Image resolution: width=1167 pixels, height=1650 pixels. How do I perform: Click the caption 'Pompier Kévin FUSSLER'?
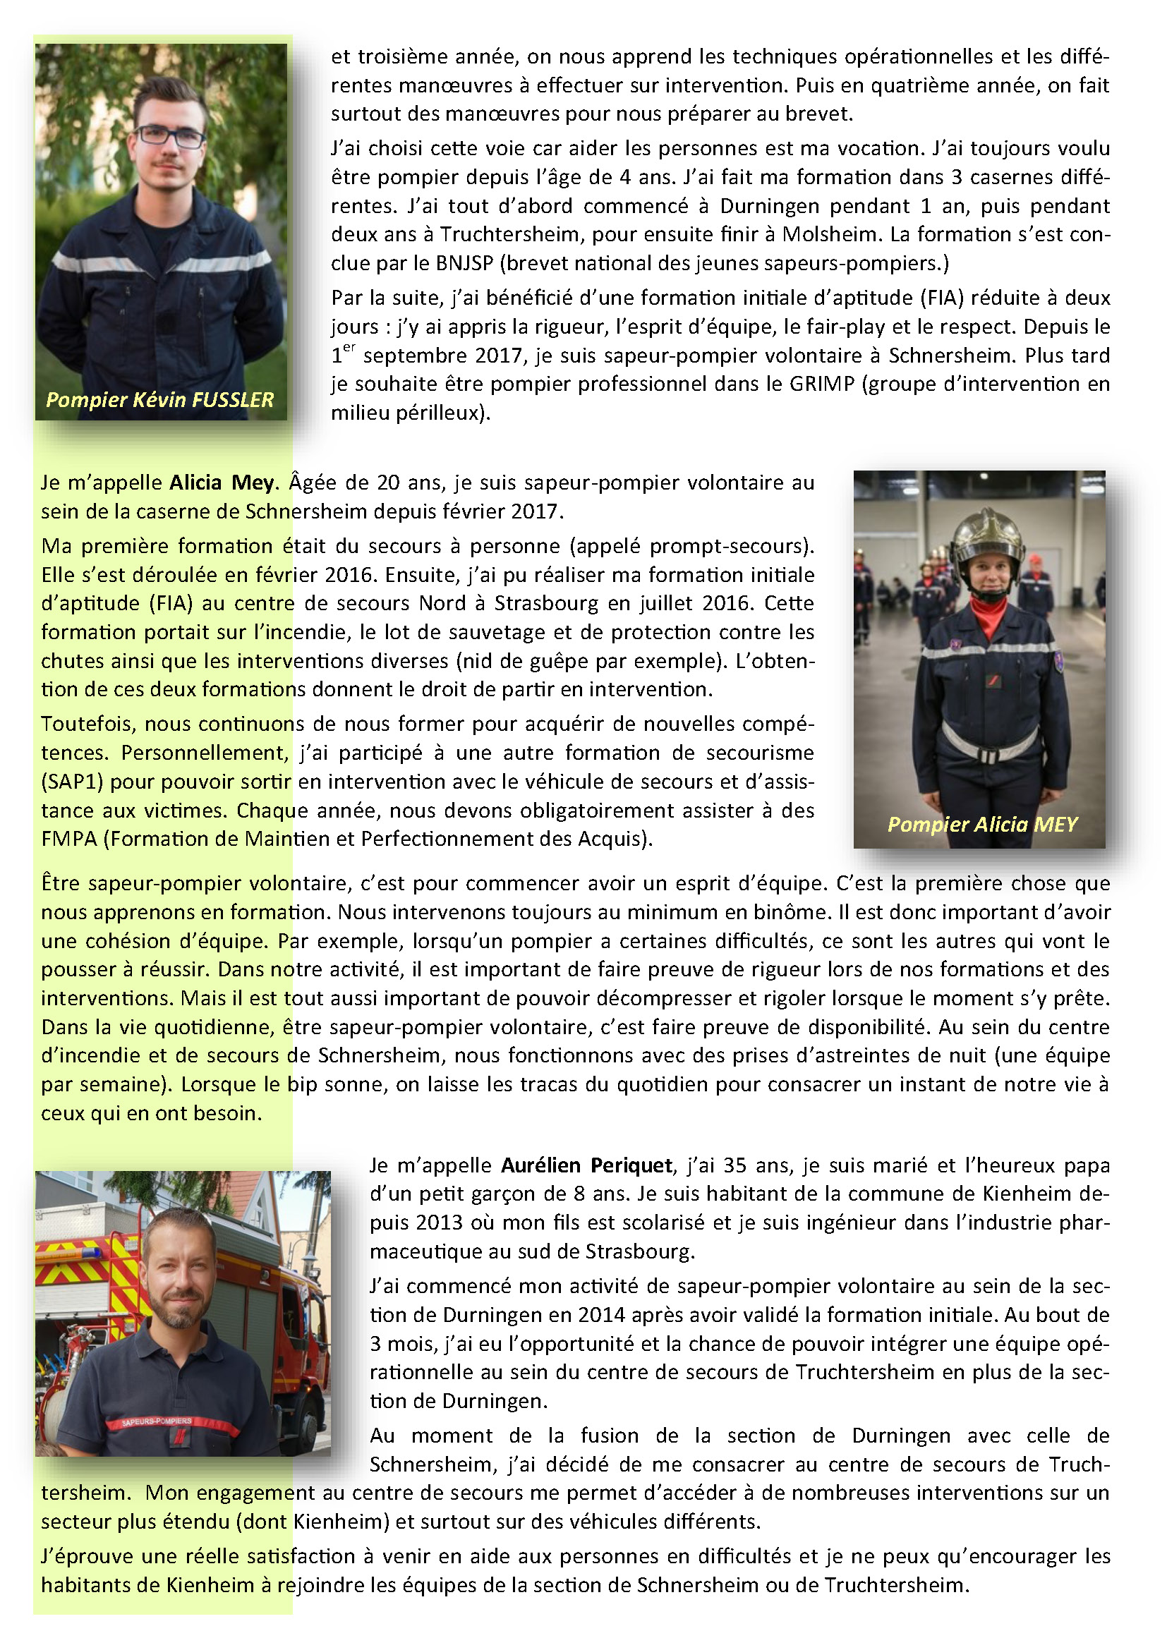(x=159, y=399)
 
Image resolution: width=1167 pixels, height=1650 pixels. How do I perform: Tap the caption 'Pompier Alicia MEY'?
(x=982, y=824)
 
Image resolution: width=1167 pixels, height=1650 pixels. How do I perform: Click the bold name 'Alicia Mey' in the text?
(x=222, y=483)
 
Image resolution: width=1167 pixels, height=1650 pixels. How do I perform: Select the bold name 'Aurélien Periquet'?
(x=586, y=1165)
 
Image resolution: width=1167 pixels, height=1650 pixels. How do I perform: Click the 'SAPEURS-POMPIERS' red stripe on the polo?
(x=157, y=1421)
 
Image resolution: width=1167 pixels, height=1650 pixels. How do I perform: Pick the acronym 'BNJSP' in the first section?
(x=464, y=263)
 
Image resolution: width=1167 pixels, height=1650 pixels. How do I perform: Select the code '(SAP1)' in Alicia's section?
(x=73, y=781)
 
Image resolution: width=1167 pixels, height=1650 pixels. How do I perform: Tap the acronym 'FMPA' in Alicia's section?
(x=68, y=839)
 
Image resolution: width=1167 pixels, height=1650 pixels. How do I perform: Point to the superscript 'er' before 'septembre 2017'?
(x=349, y=348)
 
